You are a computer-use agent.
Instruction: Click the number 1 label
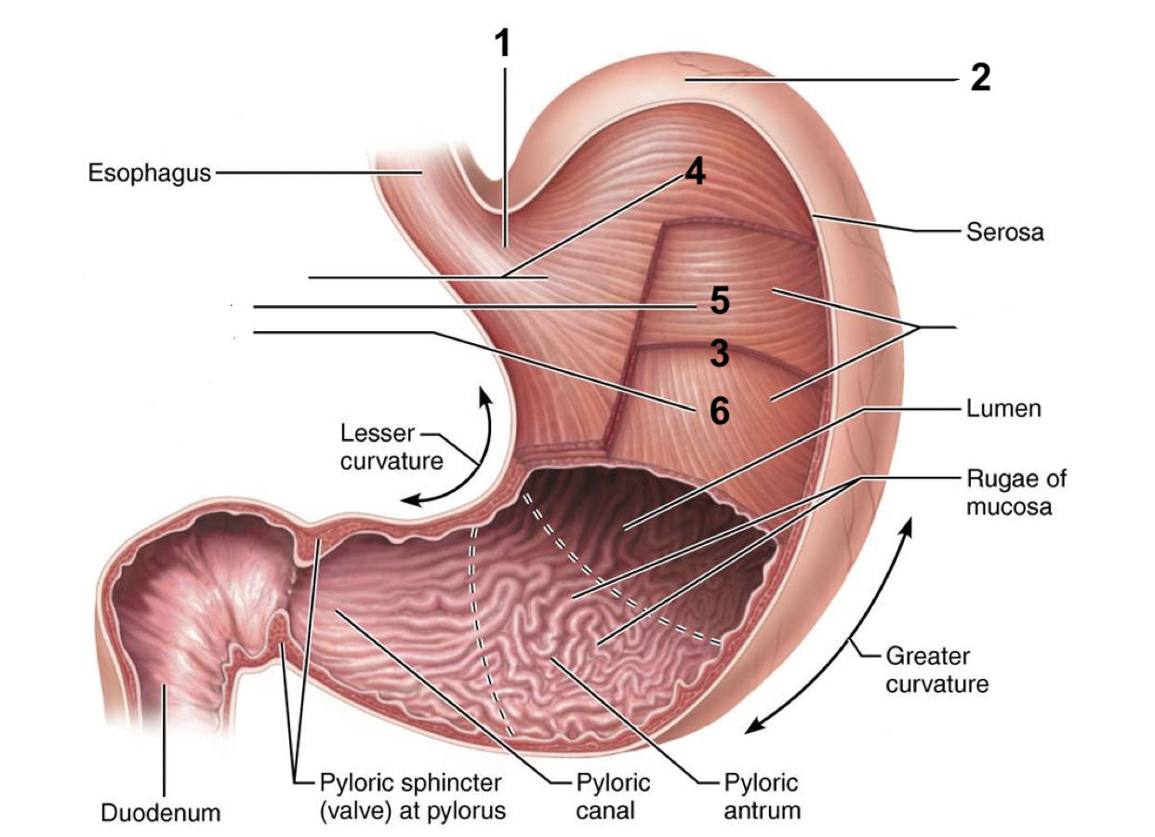click(502, 44)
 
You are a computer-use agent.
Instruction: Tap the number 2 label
click(979, 79)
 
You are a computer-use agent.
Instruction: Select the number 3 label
click(719, 353)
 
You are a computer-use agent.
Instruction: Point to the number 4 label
click(695, 172)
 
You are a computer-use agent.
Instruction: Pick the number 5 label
click(719, 301)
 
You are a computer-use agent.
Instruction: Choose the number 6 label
click(719, 410)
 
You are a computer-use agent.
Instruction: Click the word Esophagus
click(149, 173)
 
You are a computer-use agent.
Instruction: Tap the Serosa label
click(1005, 232)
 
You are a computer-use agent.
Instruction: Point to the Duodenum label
click(161, 813)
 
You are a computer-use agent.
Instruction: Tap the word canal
click(604, 810)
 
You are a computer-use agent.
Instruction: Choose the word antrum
click(762, 810)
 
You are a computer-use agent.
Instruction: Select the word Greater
click(927, 657)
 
